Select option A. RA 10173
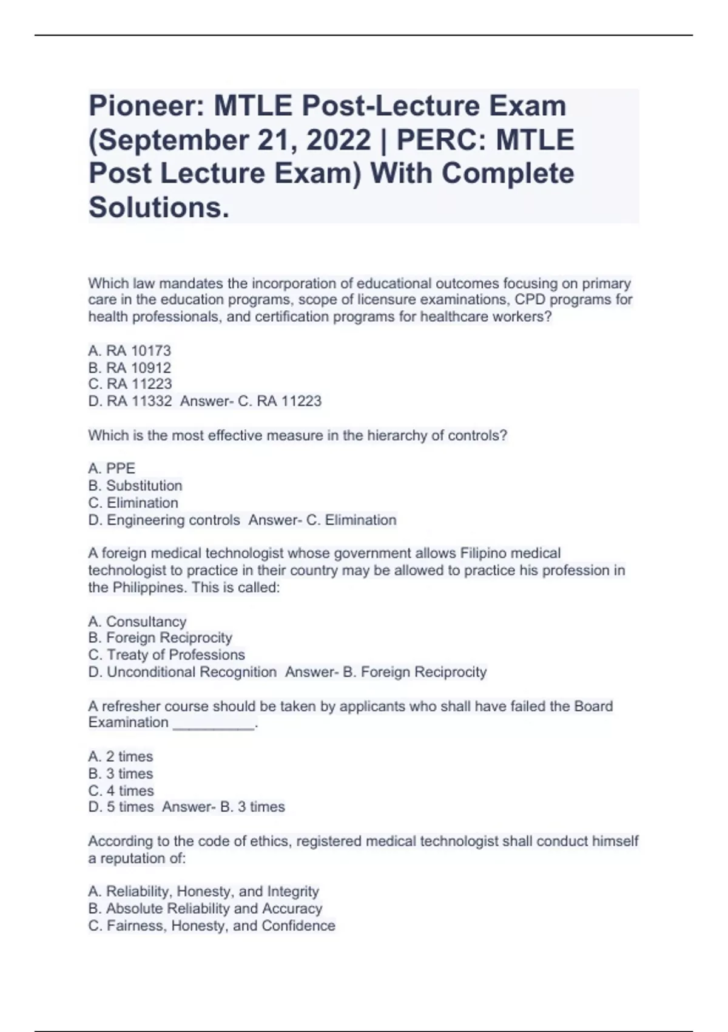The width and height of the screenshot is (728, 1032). [x=130, y=351]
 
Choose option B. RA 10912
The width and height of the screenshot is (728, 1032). [x=130, y=368]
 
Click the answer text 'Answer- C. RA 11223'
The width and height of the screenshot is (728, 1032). [x=251, y=401]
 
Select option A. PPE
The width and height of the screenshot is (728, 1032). [x=112, y=469]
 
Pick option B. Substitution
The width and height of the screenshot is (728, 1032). [x=135, y=486]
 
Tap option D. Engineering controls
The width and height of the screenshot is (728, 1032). [x=164, y=520]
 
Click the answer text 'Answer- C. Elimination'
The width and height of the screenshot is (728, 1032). [x=323, y=520]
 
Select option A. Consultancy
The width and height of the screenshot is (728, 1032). [x=137, y=622]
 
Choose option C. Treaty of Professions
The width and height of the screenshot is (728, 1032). [x=167, y=655]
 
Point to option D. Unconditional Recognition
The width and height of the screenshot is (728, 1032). [x=183, y=672]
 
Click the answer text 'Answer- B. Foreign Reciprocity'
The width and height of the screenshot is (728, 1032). [x=386, y=672]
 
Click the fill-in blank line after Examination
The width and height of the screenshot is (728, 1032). [x=214, y=724]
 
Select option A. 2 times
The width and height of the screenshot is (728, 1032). [x=121, y=756]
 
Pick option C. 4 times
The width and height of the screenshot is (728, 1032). [x=121, y=791]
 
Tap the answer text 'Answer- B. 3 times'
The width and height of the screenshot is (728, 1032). [x=224, y=807]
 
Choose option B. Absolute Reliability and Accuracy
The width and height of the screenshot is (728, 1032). [x=205, y=909]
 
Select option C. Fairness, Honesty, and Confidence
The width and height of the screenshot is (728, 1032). [x=212, y=926]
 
